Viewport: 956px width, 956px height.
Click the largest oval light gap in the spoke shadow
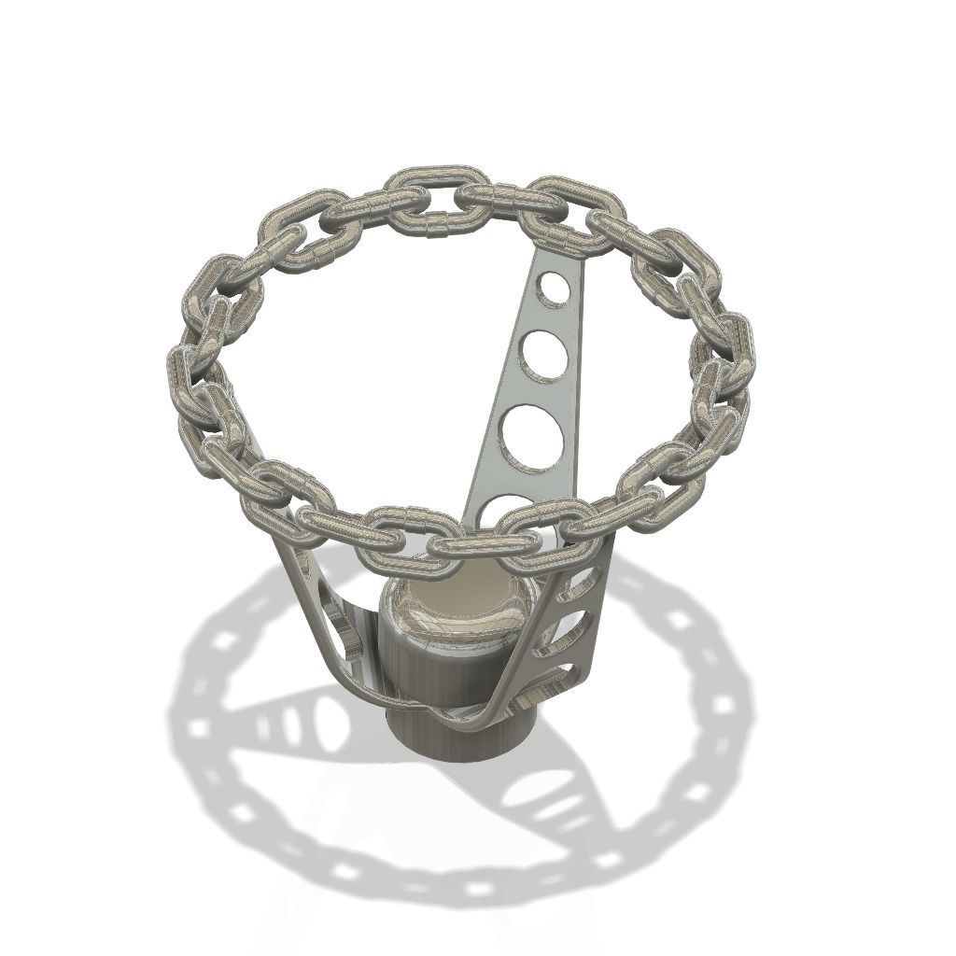click(328, 724)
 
